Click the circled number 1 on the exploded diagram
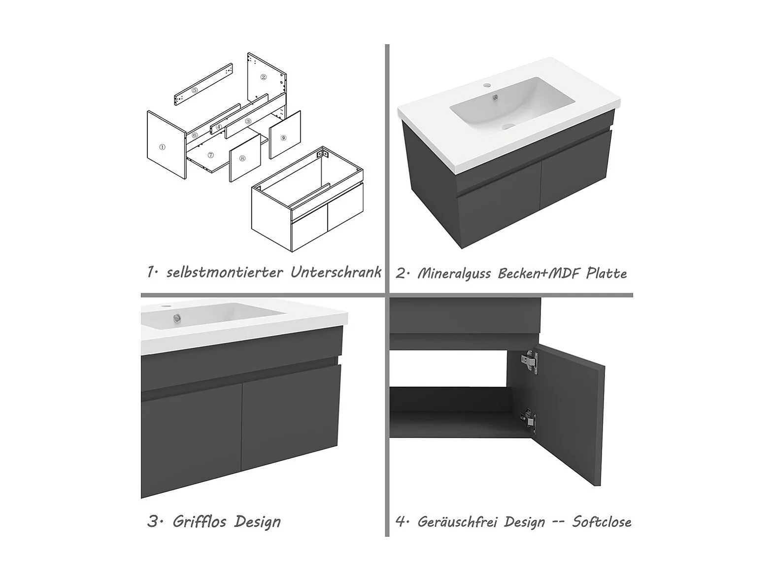pos(163,147)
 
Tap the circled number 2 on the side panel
pos(264,77)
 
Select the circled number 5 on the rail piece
pos(195,90)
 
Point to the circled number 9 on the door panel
pos(283,137)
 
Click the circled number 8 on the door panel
pos(242,158)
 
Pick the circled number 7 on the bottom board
pos(211,155)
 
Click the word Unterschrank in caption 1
pos(336,272)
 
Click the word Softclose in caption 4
pos(602,521)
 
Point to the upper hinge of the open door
pos(530,361)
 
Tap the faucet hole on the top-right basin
pos(487,85)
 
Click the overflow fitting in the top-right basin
pos(497,98)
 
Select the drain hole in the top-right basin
pos(509,126)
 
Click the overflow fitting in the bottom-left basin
pos(176,318)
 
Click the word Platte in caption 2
pos(606,273)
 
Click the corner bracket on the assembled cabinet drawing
pos(323,154)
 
